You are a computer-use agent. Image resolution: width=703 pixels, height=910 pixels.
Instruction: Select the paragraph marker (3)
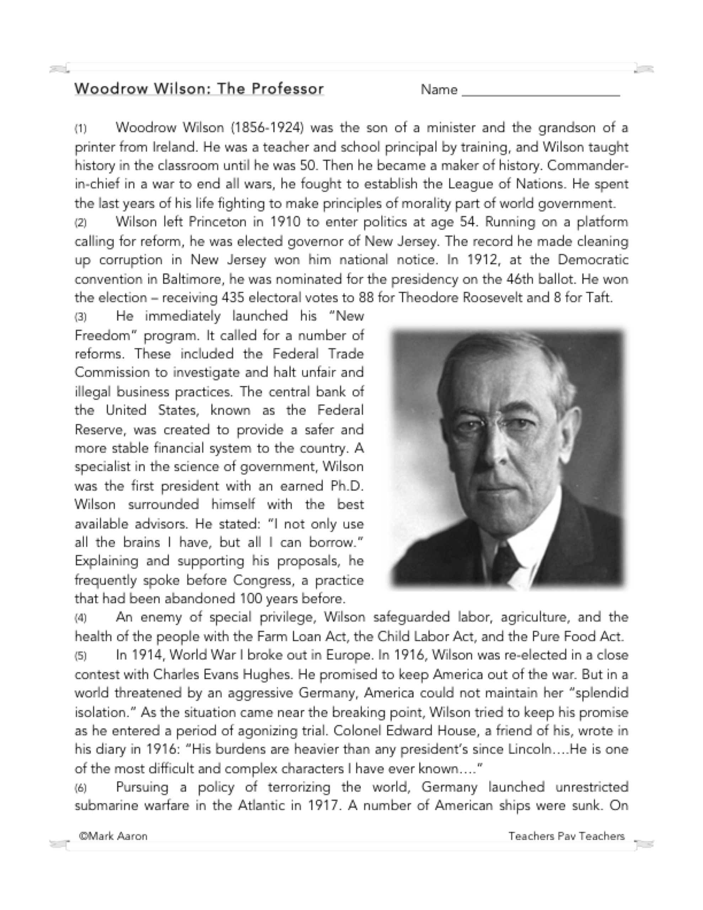pos(80,317)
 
